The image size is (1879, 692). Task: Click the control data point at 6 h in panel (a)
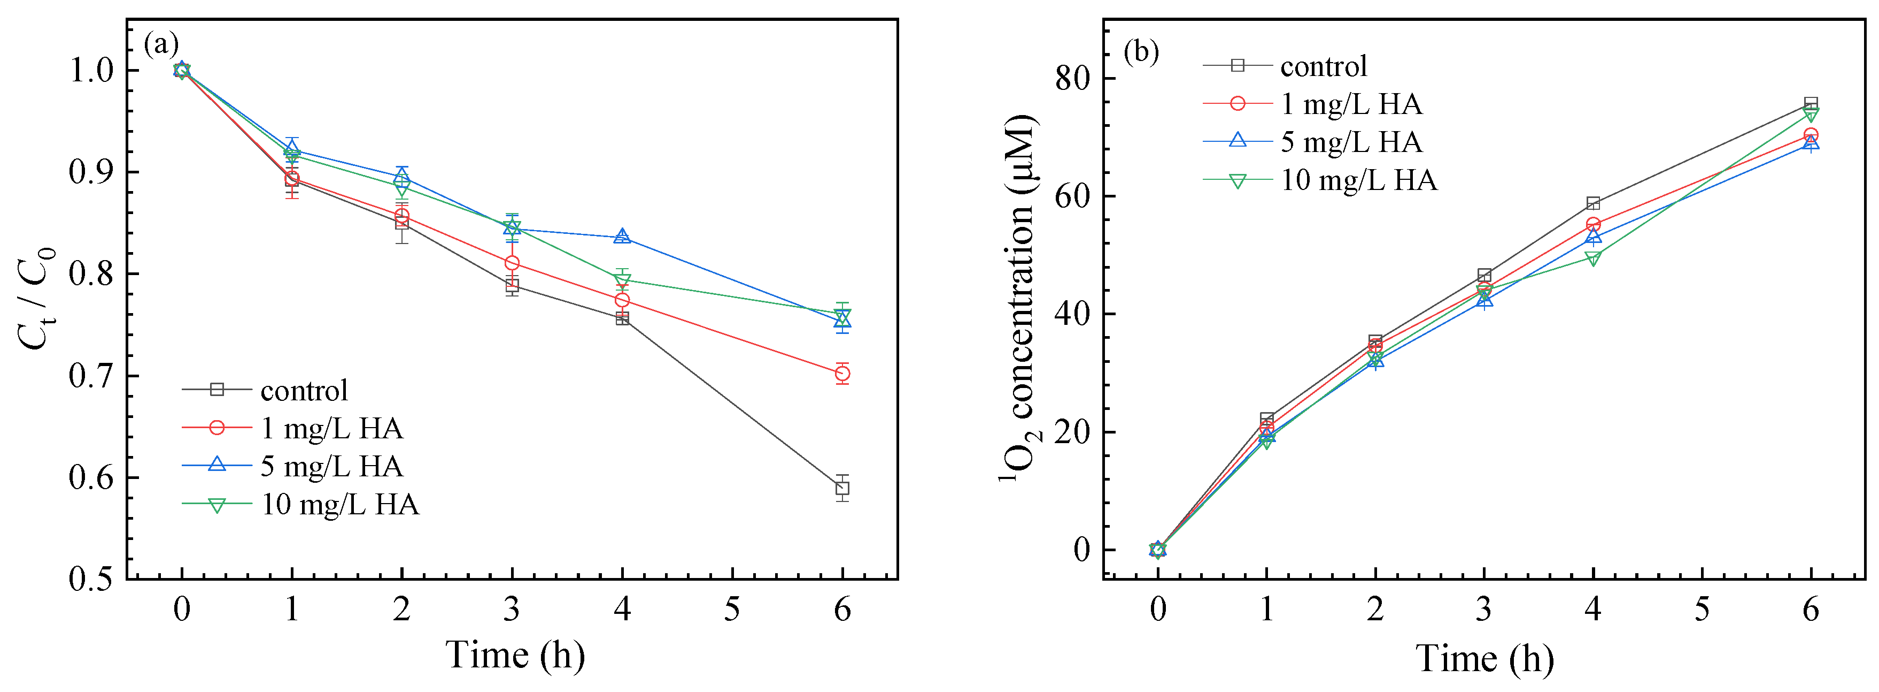pyautogui.click(x=842, y=488)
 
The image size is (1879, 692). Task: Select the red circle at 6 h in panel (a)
pyautogui.click(x=842, y=374)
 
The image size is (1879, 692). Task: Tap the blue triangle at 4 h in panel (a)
pyautogui.click(x=622, y=237)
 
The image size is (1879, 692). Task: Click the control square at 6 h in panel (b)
pyautogui.click(x=1811, y=104)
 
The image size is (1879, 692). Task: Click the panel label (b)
pyautogui.click(x=1141, y=51)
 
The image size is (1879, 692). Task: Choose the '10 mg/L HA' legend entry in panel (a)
pyautogui.click(x=340, y=504)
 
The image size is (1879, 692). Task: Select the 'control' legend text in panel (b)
pyautogui.click(x=1323, y=66)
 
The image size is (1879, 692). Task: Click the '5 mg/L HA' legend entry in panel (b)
pyautogui.click(x=1351, y=142)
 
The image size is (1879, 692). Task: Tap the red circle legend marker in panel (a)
pyautogui.click(x=216, y=428)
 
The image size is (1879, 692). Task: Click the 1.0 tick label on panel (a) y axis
pyautogui.click(x=91, y=71)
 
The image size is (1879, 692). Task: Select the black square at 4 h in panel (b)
pyautogui.click(x=1593, y=203)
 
